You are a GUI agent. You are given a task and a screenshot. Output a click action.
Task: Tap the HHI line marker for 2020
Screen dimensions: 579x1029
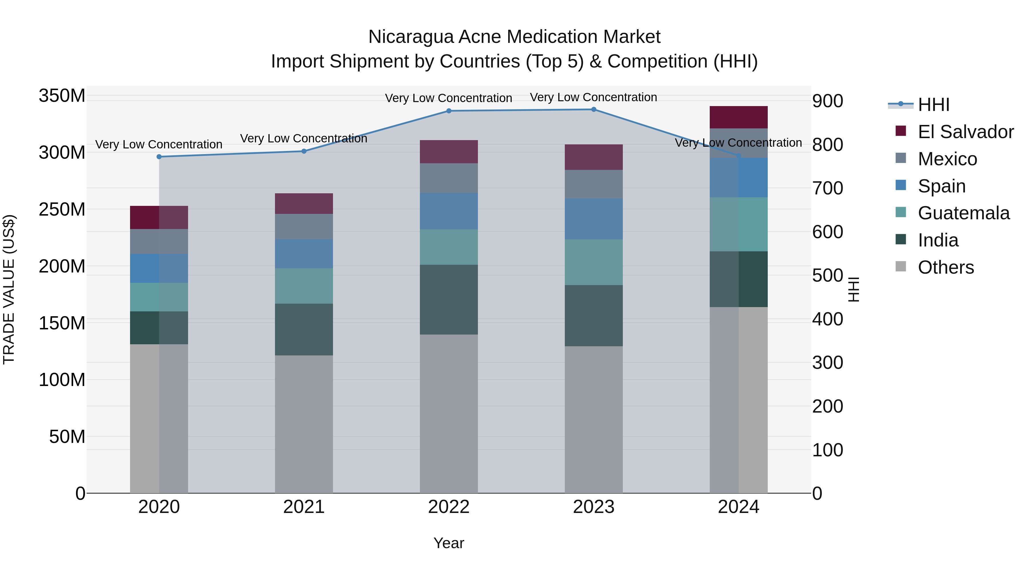click(x=159, y=157)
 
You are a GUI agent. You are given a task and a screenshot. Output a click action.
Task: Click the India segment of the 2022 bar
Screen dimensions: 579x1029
click(x=448, y=299)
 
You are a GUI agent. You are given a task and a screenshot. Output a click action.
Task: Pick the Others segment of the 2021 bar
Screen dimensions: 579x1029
click(x=304, y=423)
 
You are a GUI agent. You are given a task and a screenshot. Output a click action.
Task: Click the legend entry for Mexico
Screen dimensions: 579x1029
click(x=947, y=159)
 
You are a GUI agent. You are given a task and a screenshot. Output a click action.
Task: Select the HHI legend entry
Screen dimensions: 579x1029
click(x=933, y=105)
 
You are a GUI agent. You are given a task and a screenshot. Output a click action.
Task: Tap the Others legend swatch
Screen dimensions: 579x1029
click(x=901, y=266)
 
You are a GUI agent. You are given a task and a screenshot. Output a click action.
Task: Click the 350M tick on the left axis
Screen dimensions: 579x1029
click(x=62, y=96)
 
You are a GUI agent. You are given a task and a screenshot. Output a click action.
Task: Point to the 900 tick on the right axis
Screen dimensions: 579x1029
click(x=828, y=101)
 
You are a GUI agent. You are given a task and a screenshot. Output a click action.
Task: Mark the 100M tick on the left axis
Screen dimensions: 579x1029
click(x=62, y=380)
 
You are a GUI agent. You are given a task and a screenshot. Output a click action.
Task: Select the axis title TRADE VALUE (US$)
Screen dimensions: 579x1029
click(x=9, y=289)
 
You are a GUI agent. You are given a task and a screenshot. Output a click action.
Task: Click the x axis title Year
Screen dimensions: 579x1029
click(x=448, y=543)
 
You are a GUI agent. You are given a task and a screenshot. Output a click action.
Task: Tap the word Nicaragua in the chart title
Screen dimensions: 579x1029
click(x=411, y=37)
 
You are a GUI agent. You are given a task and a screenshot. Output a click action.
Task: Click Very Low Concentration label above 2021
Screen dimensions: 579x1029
click(x=304, y=138)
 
